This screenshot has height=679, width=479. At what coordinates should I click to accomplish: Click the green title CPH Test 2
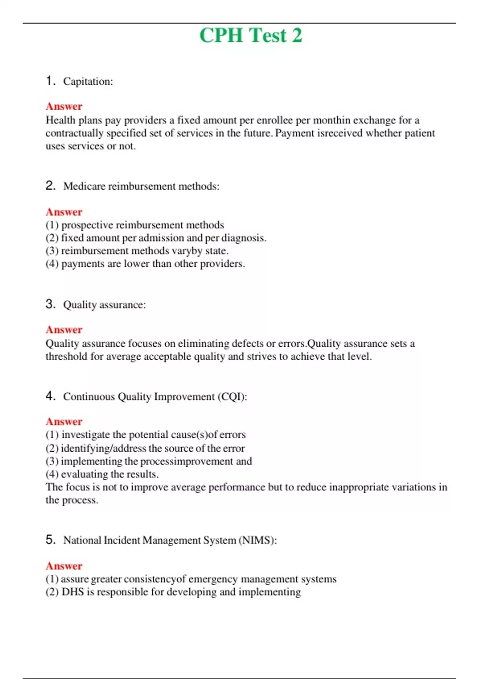click(x=251, y=35)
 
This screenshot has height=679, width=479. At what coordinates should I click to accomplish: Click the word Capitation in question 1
click(x=87, y=81)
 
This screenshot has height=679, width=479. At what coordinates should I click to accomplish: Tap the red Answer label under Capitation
click(x=64, y=106)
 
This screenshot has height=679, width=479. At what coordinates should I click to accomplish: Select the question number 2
click(x=50, y=186)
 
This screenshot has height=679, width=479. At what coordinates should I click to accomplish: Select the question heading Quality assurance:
click(x=104, y=305)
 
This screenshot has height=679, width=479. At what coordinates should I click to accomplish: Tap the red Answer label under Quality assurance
click(x=64, y=330)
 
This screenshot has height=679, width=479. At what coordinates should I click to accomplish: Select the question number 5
click(x=50, y=540)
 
